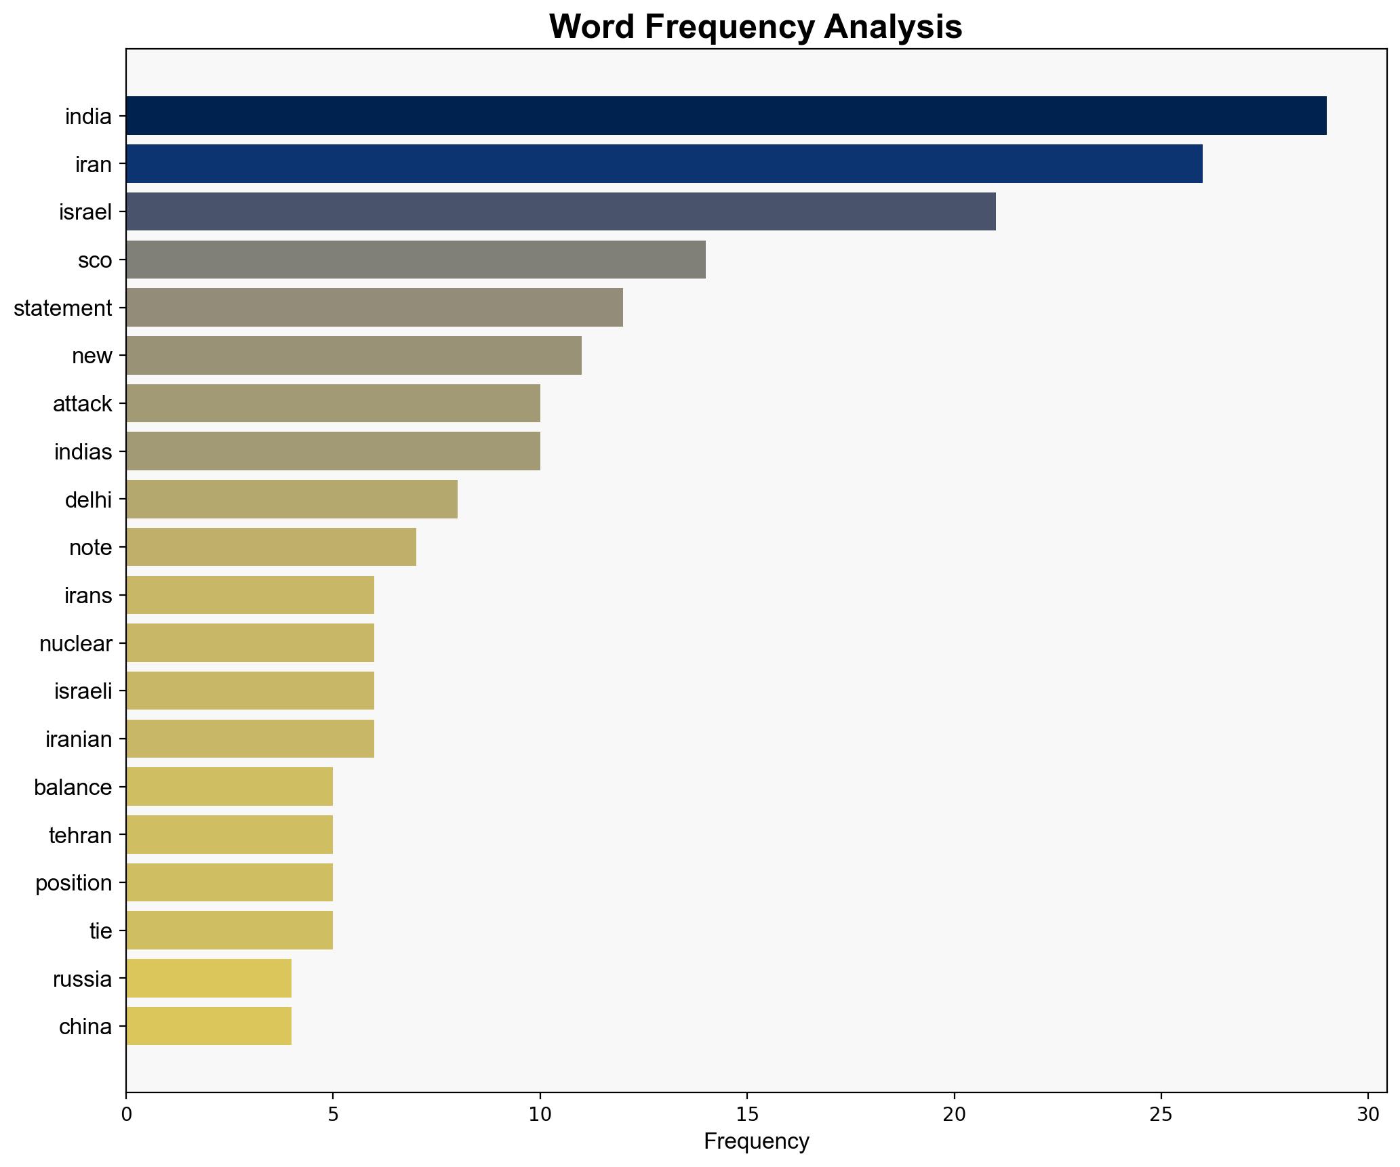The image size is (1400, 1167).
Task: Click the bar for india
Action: [x=725, y=116]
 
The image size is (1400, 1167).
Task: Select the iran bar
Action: [x=664, y=164]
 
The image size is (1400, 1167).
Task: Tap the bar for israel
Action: [x=560, y=212]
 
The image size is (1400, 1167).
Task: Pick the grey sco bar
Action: [x=415, y=260]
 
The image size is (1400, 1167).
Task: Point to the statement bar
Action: [x=374, y=308]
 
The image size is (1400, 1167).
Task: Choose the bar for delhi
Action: [x=291, y=499]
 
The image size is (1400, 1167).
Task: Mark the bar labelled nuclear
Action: [x=249, y=643]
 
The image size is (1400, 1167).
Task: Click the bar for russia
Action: [x=208, y=979]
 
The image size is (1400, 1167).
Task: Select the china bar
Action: [x=208, y=1026]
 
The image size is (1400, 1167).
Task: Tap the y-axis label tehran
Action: [x=80, y=835]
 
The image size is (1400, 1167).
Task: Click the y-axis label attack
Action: [x=82, y=404]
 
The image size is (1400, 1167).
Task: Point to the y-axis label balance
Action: [x=73, y=787]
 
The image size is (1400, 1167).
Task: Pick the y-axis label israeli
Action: [x=83, y=691]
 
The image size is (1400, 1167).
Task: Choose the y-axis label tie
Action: [x=100, y=931]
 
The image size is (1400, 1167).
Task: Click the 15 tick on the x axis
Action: [x=747, y=1114]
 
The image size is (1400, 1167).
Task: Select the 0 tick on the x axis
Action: [x=126, y=1114]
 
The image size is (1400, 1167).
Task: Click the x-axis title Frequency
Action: [x=756, y=1142]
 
